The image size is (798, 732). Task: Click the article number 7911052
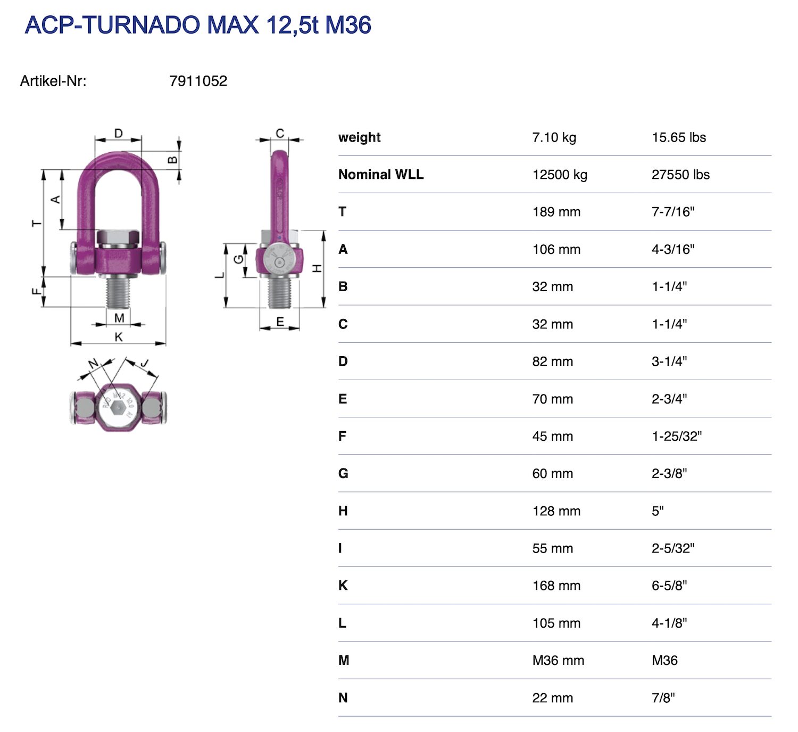[198, 81]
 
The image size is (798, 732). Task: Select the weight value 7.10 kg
[554, 137]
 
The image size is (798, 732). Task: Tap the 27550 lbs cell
[680, 175]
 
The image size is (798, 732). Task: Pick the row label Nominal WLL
[381, 175]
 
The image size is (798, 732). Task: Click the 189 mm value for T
[556, 212]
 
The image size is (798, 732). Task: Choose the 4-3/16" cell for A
[673, 249]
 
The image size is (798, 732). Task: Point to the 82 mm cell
[552, 361]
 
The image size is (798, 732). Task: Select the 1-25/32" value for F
[677, 436]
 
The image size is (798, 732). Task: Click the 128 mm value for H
[556, 511]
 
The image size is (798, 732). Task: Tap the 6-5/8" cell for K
[669, 586]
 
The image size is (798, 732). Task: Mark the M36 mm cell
[558, 661]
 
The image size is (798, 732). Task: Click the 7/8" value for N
[663, 698]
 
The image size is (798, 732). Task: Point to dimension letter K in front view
[119, 337]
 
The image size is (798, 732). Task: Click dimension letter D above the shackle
[119, 133]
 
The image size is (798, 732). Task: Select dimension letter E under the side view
[280, 322]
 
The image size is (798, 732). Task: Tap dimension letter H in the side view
[318, 268]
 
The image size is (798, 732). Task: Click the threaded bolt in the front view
[118, 293]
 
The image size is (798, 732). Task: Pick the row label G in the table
[343, 474]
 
